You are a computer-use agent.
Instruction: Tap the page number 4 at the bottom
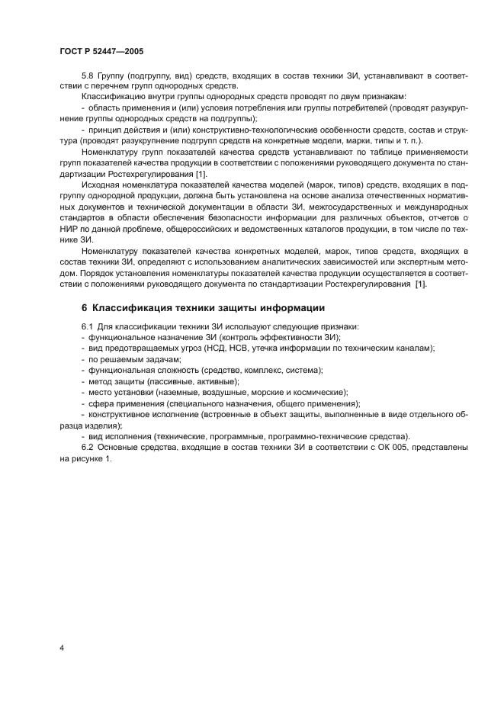click(x=60, y=647)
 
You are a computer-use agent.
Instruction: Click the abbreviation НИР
click(x=69, y=229)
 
